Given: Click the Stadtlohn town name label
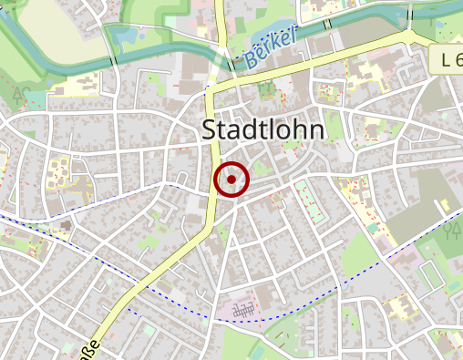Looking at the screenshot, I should [x=262, y=130].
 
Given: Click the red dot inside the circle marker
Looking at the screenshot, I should [x=232, y=180].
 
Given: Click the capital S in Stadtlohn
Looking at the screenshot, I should [x=208, y=130].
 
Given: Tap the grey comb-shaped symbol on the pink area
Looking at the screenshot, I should [x=244, y=311].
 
